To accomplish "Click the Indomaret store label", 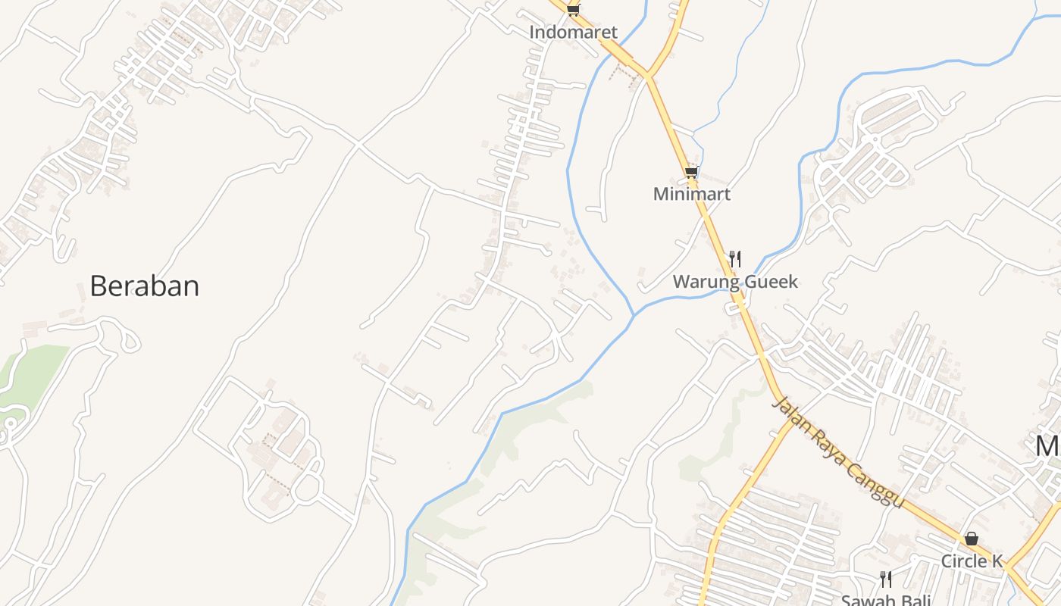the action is (x=573, y=33).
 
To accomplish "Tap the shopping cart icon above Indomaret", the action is (x=573, y=10).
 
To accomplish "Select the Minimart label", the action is (x=691, y=194).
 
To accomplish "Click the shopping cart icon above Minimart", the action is (x=690, y=173).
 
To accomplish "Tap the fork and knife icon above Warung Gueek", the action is (x=734, y=259).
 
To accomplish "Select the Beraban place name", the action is (x=144, y=286).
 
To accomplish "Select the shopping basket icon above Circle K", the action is (x=972, y=539).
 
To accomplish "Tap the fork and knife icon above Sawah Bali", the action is (x=885, y=579).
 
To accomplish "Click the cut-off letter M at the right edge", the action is (x=1048, y=446).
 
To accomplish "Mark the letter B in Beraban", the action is (x=98, y=286).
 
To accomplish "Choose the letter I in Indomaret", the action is (x=532, y=33).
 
